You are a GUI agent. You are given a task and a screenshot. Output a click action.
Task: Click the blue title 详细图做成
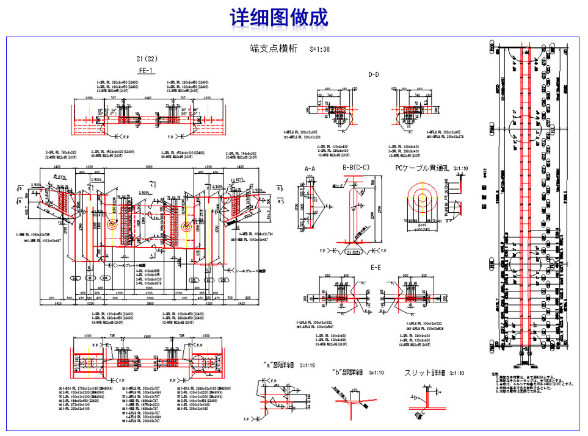point(279,18)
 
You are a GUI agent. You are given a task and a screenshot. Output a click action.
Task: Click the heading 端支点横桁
point(274,49)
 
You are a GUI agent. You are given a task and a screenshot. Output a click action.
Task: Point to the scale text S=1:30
point(319,49)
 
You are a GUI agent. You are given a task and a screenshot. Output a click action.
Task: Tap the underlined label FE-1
point(146,71)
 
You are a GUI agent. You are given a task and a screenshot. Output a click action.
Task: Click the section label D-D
point(374,74)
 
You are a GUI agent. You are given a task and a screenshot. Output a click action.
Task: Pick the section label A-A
point(310,167)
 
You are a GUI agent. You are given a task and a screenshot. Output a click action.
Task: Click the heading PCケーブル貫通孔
point(422,167)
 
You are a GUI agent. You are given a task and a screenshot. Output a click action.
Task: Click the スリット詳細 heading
point(426,373)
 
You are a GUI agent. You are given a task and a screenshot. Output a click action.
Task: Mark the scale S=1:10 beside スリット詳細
point(456,373)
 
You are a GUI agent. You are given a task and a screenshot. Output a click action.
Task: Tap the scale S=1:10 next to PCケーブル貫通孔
point(461,168)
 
